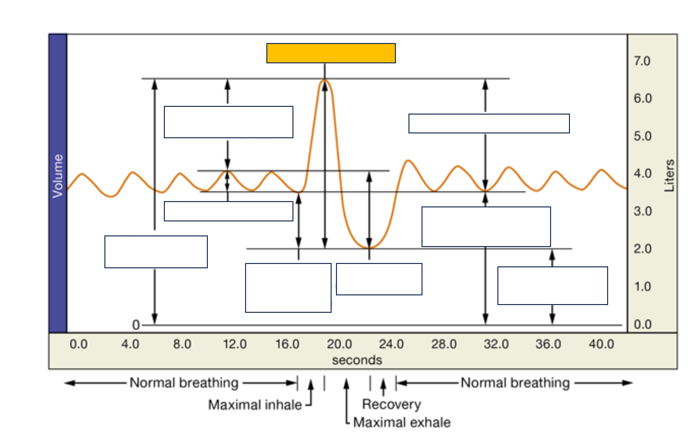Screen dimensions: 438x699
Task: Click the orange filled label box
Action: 331,53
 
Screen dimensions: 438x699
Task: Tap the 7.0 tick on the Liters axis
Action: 642,61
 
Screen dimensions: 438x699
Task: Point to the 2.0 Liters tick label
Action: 642,249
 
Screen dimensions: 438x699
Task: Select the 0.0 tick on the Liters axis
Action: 642,324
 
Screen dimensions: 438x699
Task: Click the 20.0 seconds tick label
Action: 339,344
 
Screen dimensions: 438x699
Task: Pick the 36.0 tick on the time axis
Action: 548,344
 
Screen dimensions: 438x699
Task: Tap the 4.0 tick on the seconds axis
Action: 130,344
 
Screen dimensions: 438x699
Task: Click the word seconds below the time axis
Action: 357,360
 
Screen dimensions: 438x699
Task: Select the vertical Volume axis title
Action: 58,176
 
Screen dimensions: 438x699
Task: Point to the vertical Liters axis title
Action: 670,176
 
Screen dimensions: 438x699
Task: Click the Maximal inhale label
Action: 255,405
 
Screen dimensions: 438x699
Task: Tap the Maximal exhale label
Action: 402,422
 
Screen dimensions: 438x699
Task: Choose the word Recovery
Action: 392,404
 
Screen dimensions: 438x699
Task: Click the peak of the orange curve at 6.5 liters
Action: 325,80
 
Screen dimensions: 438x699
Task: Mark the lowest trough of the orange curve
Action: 369,248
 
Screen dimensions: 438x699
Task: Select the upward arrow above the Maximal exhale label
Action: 346,384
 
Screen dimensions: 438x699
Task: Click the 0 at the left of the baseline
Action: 136,325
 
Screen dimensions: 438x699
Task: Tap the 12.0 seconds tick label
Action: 235,344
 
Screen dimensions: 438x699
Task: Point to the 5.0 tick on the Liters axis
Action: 642,136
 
